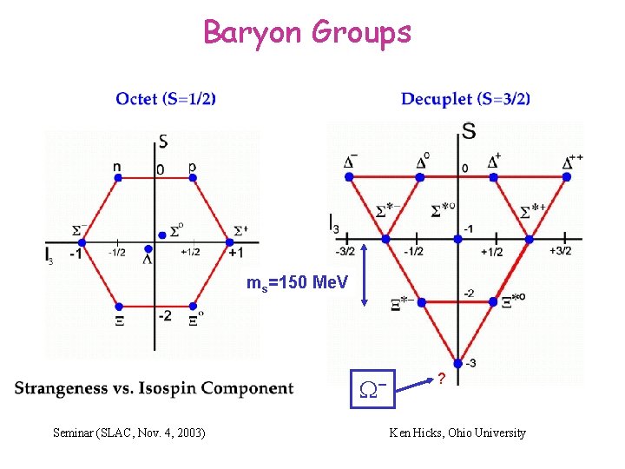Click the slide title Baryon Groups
pos(307,32)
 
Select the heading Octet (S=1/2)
pos(166,99)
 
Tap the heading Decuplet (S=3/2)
pos(465,99)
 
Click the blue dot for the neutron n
pos(118,178)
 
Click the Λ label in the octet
pos(148,258)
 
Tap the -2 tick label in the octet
pos(164,315)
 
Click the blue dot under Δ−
pos(349,176)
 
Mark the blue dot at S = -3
pos(457,364)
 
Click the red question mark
pos(441,380)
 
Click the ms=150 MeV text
pos(298,283)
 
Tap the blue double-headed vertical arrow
pos(365,274)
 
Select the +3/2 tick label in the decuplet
pos(561,252)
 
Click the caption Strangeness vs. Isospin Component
pos(154,388)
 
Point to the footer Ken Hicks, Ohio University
pos(457,433)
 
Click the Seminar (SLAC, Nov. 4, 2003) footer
pos(129,433)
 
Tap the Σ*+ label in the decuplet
pos(534,210)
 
